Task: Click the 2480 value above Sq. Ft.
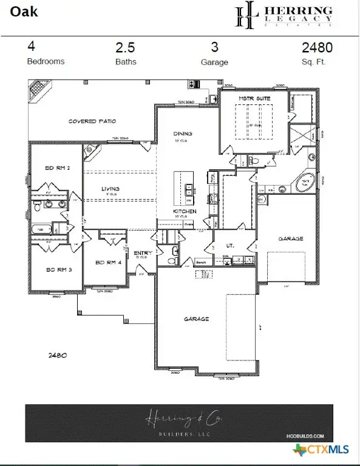click(317, 47)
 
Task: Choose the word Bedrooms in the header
click(46, 61)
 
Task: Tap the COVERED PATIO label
click(92, 121)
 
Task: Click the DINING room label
click(182, 133)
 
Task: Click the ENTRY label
click(143, 252)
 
